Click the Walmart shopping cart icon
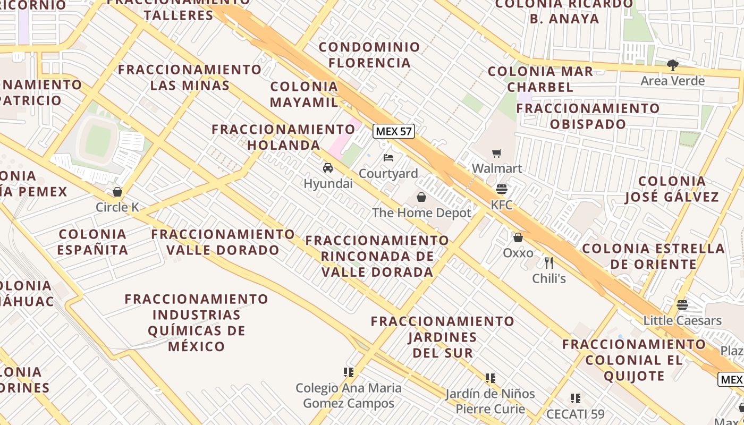point(496,154)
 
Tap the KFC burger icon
point(501,189)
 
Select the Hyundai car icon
point(328,168)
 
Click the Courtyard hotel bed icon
point(388,158)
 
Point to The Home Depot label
point(421,213)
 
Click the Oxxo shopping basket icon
point(518,237)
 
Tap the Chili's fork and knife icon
point(549,262)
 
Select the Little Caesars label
point(682,320)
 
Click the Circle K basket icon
point(117,192)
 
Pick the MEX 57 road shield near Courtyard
point(393,131)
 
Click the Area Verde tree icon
point(673,65)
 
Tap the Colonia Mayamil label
point(304,94)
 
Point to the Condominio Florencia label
point(369,55)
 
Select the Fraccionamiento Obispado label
point(588,116)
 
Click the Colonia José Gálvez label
point(672,189)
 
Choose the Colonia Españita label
point(92,242)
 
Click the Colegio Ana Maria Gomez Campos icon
point(349,372)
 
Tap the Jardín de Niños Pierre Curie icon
point(491,378)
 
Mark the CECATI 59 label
point(576,414)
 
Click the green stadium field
point(99,140)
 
